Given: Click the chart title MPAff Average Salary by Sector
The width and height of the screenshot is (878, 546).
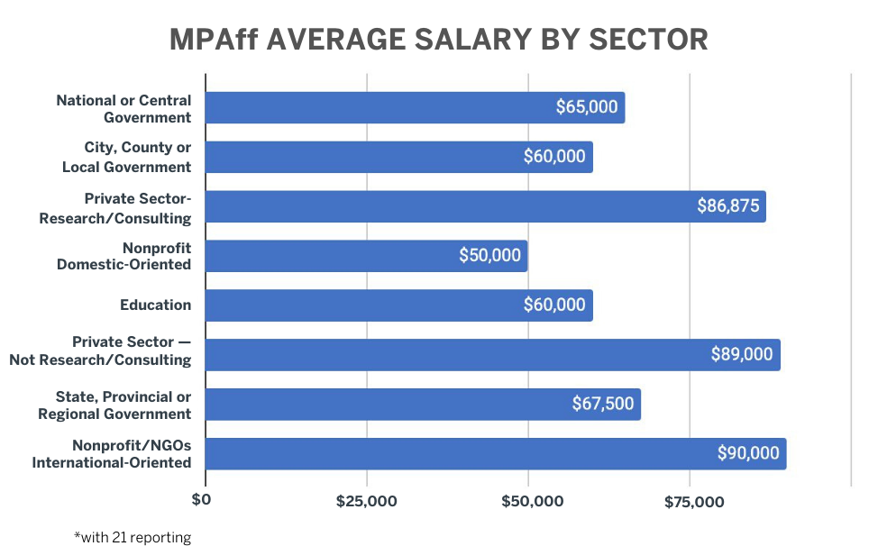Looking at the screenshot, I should pos(439,41).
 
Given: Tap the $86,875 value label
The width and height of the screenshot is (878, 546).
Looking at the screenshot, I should pos(728,206).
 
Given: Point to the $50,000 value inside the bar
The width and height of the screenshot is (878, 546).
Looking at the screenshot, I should pos(489,256).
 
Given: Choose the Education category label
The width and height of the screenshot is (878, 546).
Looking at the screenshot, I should pos(155,305).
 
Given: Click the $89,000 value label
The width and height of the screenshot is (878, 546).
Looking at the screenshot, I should pos(742,355).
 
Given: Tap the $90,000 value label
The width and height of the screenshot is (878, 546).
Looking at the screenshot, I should pos(748,454).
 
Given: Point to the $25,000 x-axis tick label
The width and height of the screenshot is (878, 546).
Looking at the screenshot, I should pos(366,501).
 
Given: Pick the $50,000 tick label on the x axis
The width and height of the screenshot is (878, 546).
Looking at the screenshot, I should pos(528,501).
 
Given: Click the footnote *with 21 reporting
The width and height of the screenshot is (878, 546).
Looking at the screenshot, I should pos(133,537).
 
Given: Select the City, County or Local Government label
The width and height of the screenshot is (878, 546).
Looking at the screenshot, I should pos(126,157).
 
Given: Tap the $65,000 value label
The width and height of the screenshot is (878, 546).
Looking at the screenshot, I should pos(587,107).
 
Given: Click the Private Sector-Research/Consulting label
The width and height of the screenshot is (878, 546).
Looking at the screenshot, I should pos(115,207).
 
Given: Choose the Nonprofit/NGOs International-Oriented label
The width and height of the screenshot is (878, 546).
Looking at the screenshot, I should pos(112,454).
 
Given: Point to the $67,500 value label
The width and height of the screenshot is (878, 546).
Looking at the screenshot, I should pos(603,405).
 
